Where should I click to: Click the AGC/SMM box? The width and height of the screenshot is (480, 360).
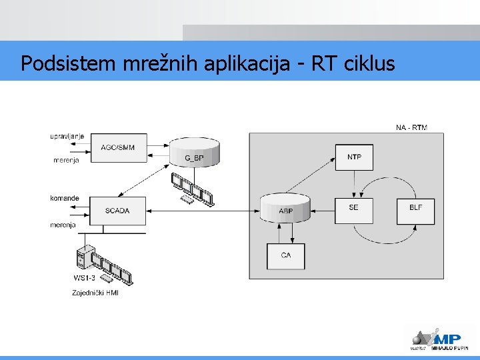[117, 147]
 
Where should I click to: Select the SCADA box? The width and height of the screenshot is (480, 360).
[117, 211]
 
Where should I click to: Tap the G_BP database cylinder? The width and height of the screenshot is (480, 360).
[194, 153]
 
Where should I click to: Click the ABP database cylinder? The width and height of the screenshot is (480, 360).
[285, 207]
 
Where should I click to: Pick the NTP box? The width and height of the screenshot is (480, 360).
[354, 157]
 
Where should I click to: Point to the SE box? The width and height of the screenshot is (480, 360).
[353, 208]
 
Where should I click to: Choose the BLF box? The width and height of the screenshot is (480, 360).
[415, 208]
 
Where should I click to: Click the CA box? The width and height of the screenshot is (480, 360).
[285, 255]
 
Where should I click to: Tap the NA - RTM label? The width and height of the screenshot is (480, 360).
[411, 127]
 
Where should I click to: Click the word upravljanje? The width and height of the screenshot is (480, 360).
[67, 136]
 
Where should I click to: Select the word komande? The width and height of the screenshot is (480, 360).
[65, 198]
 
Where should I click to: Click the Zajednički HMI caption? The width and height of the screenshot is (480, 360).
[95, 293]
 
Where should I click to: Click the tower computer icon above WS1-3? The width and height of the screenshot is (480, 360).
[83, 256]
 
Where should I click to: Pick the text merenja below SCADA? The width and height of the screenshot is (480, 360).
[63, 225]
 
